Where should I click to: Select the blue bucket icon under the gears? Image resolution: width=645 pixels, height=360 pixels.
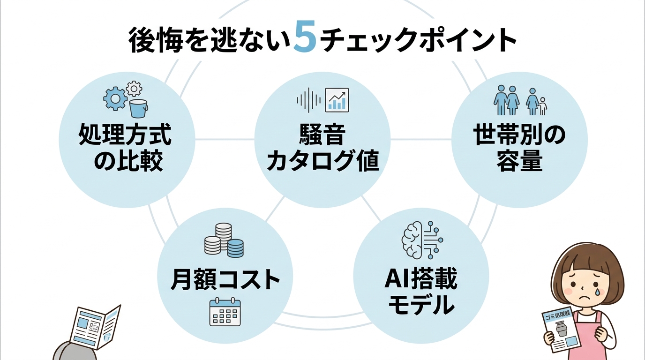tap(138, 108)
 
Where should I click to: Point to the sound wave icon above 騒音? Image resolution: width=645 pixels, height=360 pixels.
tap(308, 99)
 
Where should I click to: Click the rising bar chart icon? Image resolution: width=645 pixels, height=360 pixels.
tap(337, 99)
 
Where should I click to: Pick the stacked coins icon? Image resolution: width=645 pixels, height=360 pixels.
tap(225, 240)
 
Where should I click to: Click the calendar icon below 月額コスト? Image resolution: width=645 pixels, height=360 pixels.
tap(225, 312)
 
